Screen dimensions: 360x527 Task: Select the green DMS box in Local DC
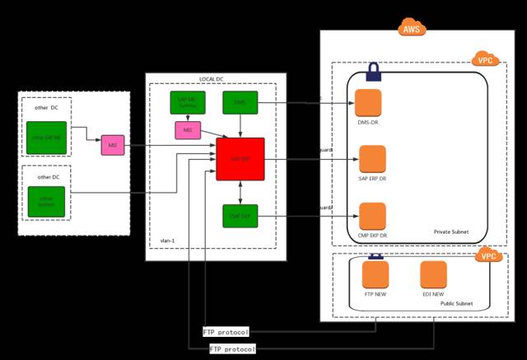click(240, 102)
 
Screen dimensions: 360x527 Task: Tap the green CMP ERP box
click(240, 216)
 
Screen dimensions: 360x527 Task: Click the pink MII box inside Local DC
click(187, 129)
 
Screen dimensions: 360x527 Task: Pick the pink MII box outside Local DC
click(112, 146)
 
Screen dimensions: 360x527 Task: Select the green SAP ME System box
click(187, 102)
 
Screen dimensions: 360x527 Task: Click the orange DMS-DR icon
click(368, 102)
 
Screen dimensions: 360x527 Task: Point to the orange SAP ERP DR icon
click(372, 158)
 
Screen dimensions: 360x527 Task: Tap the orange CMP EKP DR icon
click(372, 215)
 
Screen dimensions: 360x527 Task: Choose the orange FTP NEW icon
click(375, 274)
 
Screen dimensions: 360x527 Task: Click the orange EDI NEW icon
click(433, 274)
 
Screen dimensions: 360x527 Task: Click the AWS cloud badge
click(412, 29)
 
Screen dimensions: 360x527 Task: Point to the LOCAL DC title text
click(211, 79)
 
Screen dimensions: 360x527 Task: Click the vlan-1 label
click(168, 241)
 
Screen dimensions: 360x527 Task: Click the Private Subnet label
click(450, 232)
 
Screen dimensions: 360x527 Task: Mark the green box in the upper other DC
click(45, 136)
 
